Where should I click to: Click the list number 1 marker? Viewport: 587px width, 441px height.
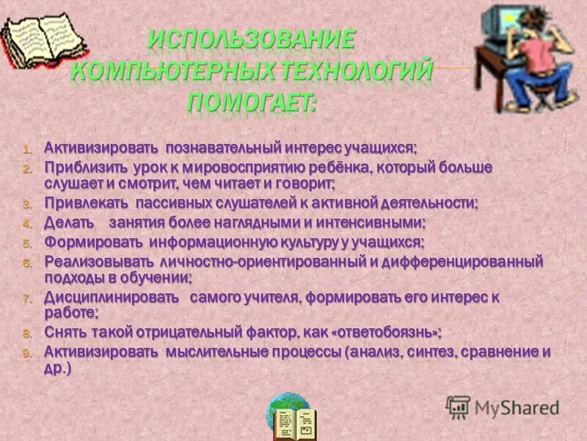26,149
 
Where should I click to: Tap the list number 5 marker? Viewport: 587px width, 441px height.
26,243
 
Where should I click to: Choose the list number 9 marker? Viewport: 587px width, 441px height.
26,353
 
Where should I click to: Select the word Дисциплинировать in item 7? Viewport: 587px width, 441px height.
111,298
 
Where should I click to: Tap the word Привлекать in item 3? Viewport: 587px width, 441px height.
87,203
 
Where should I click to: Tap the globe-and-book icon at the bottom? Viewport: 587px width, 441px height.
291,417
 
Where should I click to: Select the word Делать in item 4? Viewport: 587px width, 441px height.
69,222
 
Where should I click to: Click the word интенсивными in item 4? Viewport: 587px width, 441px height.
375,222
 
